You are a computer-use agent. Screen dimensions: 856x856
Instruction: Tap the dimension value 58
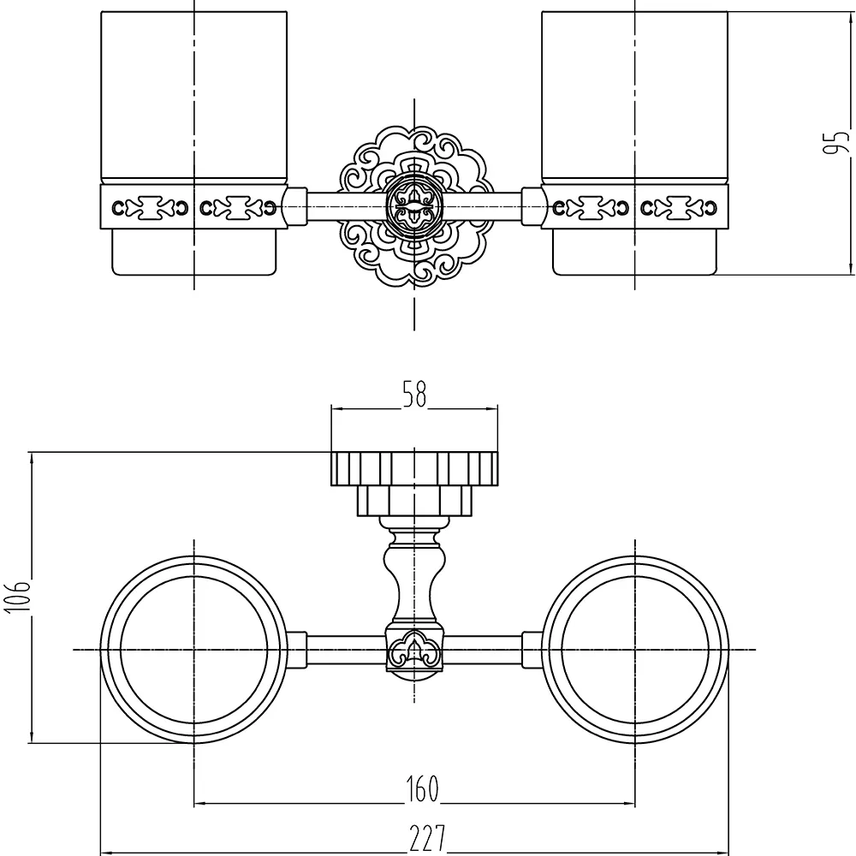click(414, 394)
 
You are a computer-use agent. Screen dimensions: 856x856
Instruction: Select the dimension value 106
click(17, 597)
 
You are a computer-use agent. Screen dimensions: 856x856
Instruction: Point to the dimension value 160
click(423, 789)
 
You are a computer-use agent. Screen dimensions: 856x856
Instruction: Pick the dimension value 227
click(428, 839)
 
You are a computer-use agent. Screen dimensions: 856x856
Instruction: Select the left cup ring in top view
click(193, 650)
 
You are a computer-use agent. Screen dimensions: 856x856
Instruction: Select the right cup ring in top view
click(635, 650)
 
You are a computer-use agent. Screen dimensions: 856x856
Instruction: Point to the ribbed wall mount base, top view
click(414, 484)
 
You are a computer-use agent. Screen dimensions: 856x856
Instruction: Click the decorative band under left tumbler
click(193, 207)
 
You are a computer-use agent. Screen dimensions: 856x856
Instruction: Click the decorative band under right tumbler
click(635, 207)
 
